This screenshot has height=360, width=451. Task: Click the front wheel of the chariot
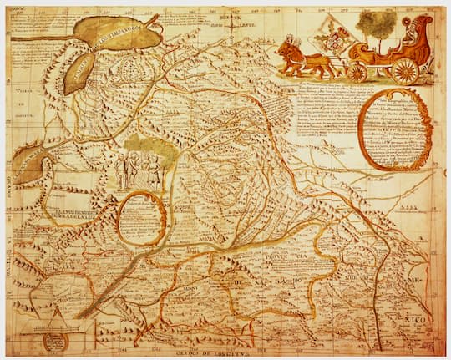(x=358, y=72)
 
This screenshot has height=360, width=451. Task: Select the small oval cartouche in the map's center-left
(x=141, y=219)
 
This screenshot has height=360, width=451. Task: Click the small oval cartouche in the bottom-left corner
(x=55, y=340)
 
